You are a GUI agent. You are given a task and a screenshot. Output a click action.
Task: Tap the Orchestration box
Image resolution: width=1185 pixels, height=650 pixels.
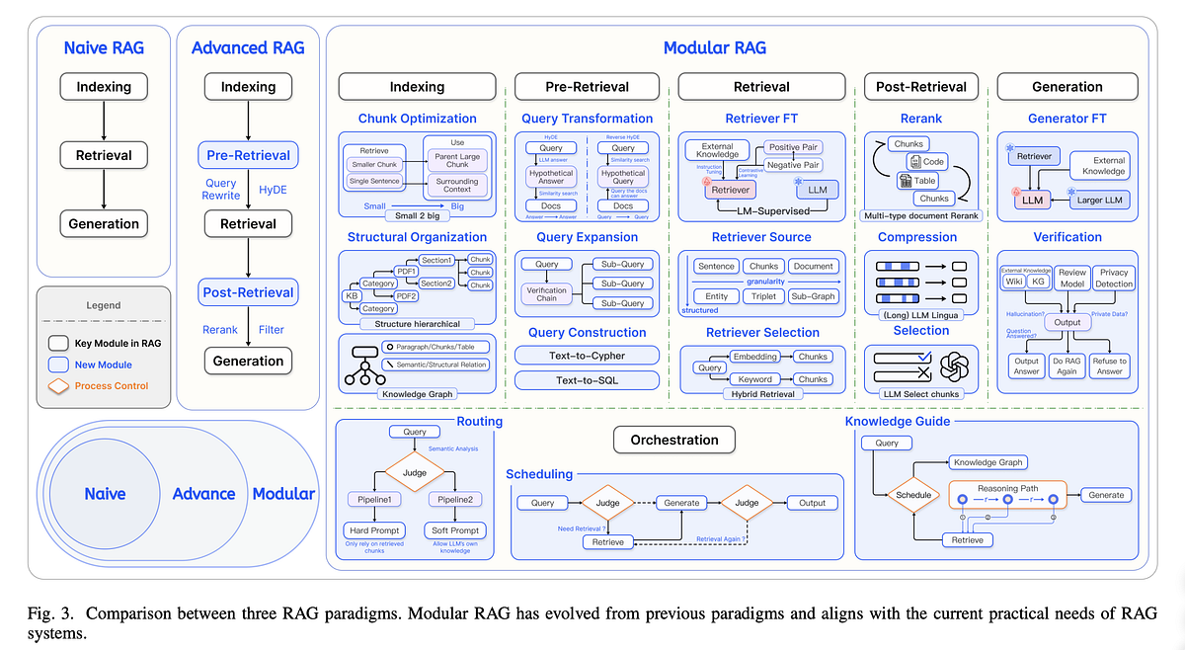[674, 439]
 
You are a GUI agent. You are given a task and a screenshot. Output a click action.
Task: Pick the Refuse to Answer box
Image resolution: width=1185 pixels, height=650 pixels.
[1108, 366]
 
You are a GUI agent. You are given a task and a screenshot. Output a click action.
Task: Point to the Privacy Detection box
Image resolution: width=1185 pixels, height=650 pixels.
[1114, 278]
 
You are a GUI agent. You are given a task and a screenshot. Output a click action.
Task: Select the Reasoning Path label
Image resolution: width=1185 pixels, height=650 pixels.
[1007, 488]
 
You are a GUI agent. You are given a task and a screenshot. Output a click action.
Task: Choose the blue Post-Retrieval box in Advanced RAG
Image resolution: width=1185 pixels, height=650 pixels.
[248, 292]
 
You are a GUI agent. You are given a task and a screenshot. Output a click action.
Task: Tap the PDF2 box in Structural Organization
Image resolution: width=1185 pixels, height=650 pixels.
[407, 294]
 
